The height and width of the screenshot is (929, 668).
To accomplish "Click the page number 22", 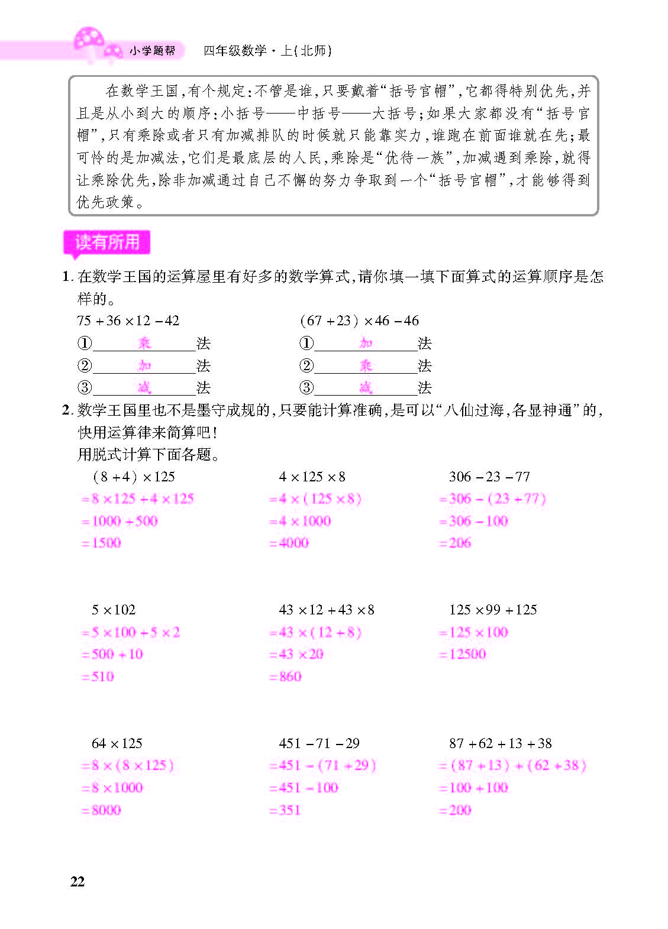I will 78,882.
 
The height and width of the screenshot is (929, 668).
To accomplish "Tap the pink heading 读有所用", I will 107,242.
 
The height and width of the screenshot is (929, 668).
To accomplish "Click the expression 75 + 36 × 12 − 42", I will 128,321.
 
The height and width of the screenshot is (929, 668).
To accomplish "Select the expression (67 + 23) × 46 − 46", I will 359,321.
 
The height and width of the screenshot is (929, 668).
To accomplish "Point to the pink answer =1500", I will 101,543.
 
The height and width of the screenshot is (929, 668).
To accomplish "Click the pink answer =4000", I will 289,543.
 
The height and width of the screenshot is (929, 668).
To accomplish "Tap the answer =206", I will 455,543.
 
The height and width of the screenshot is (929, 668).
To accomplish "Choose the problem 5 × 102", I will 114,610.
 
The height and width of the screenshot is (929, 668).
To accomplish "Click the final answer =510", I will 98,676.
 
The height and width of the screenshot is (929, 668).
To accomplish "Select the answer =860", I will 285,676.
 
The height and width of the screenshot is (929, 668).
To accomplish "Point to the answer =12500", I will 462,654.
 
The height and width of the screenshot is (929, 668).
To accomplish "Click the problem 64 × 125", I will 117,743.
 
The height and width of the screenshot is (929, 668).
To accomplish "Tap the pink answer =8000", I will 101,810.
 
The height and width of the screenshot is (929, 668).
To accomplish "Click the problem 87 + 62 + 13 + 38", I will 500,743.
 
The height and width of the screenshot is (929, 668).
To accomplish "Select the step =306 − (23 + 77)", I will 492,499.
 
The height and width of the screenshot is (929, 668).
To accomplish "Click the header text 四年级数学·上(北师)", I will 267,51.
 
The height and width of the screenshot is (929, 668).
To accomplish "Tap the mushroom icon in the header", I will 90,43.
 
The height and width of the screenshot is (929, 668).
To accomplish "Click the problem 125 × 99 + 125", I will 493,610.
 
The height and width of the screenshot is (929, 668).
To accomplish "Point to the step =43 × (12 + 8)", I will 315,632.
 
